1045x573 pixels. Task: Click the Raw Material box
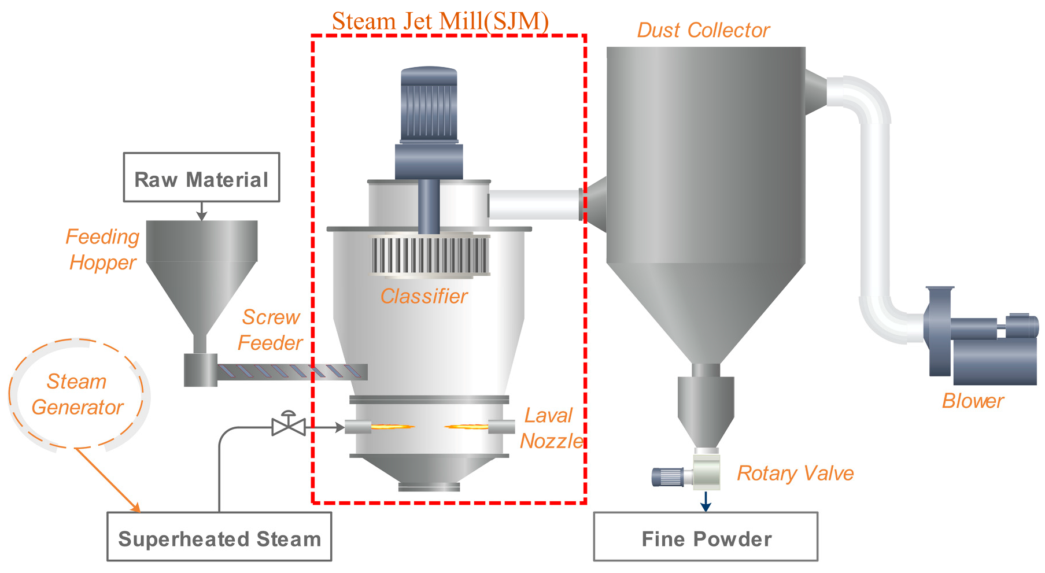coord(201,178)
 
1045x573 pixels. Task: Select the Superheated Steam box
coord(219,537)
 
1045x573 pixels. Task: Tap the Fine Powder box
coord(706,537)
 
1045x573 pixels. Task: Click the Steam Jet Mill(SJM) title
coord(440,21)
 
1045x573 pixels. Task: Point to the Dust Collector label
coord(703,30)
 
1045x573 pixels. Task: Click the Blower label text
coord(973,401)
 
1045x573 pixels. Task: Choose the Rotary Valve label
coord(795,473)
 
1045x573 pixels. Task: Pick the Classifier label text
coord(424,296)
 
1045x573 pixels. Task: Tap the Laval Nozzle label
coord(550,428)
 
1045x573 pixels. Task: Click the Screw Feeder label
coord(270,330)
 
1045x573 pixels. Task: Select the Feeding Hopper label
coord(102,249)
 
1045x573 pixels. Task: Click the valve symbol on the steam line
coord(289,426)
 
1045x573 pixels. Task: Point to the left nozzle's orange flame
coord(392,427)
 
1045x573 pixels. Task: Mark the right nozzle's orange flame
coord(466,427)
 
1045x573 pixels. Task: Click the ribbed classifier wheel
coord(429,255)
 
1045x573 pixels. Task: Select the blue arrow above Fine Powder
coord(706,501)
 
